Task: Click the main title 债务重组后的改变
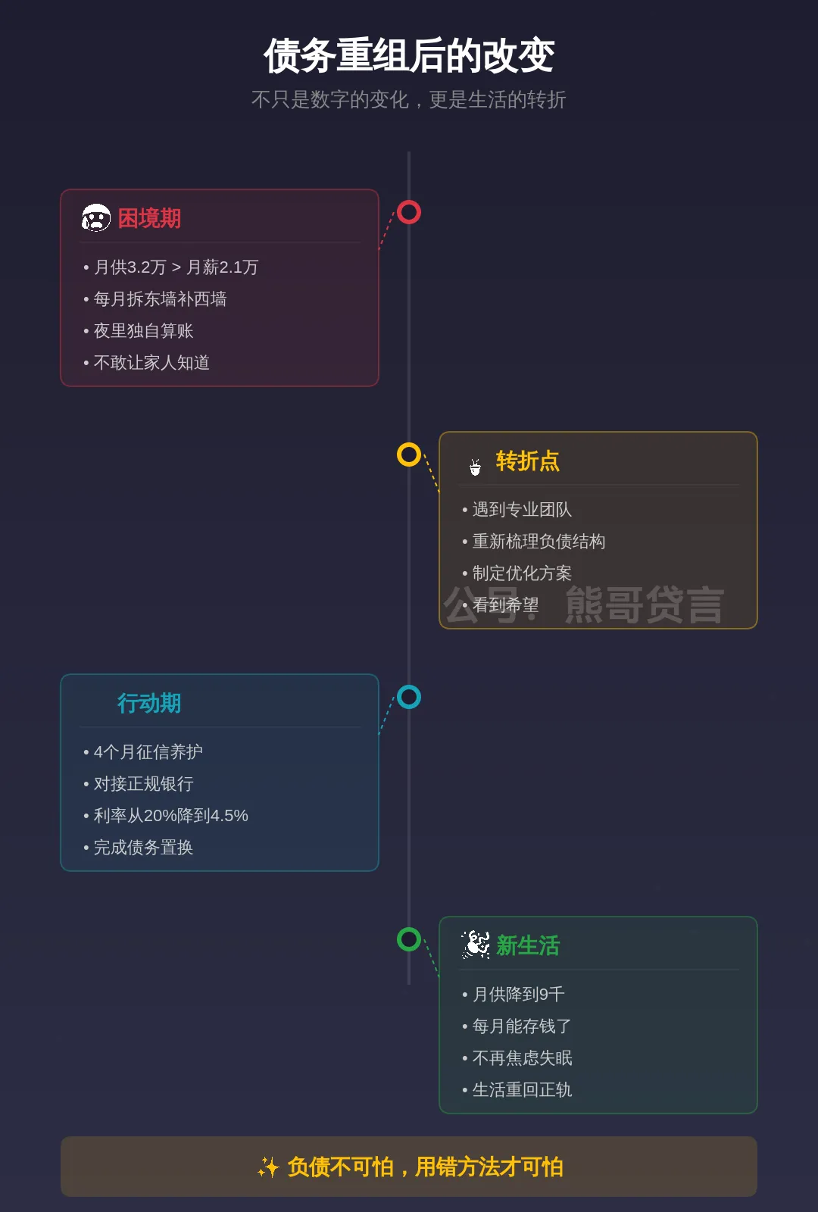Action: tap(409, 56)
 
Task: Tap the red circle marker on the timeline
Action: tap(409, 212)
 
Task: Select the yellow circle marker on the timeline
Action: tap(409, 454)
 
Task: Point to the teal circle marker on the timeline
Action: tap(409, 697)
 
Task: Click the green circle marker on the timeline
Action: tap(409, 939)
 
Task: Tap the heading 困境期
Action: tap(149, 219)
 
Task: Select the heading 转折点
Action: tap(527, 461)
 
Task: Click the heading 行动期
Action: tap(149, 704)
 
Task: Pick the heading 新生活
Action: tap(527, 946)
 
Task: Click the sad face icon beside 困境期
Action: tap(96, 218)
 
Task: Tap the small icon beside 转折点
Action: tap(475, 467)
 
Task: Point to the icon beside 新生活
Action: tap(476, 945)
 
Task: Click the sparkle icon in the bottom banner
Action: tap(268, 1167)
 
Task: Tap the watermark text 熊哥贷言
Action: tap(644, 605)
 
